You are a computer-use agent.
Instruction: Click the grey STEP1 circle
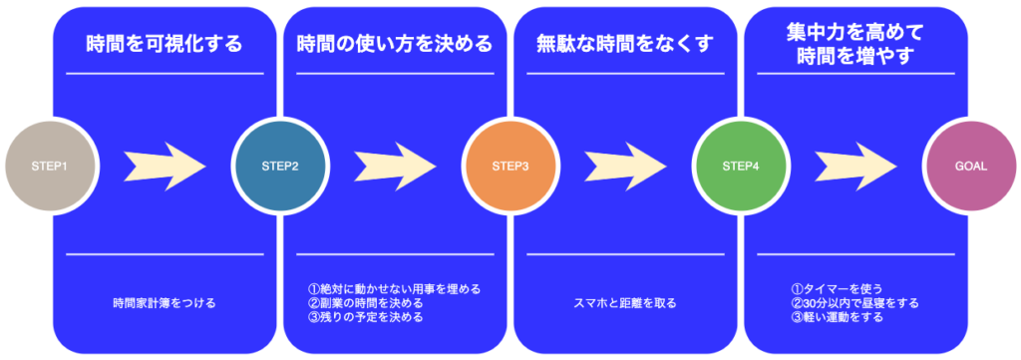[x=51, y=166]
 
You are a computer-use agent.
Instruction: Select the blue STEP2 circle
[x=279, y=166]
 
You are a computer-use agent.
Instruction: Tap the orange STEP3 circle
[x=510, y=166]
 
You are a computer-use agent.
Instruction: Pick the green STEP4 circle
[x=741, y=166]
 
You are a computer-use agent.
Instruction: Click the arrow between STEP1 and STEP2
[x=163, y=166]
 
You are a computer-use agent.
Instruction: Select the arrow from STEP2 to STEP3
[x=394, y=166]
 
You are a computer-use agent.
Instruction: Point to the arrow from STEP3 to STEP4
[x=624, y=166]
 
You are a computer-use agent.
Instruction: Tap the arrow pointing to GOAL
[x=855, y=166]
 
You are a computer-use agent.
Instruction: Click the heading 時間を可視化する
[x=165, y=45]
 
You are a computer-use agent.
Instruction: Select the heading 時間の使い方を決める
[x=395, y=45]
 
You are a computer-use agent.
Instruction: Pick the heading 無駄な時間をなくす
[x=625, y=45]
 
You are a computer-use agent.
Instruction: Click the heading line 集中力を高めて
[x=855, y=32]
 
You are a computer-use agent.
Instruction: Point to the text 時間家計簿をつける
[x=165, y=302]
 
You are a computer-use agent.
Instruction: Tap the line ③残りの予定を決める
[x=365, y=317]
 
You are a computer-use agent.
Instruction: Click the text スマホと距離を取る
[x=625, y=302]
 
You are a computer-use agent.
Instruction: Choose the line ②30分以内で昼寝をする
[x=854, y=303]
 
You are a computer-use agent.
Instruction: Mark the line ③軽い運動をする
[x=837, y=317]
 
